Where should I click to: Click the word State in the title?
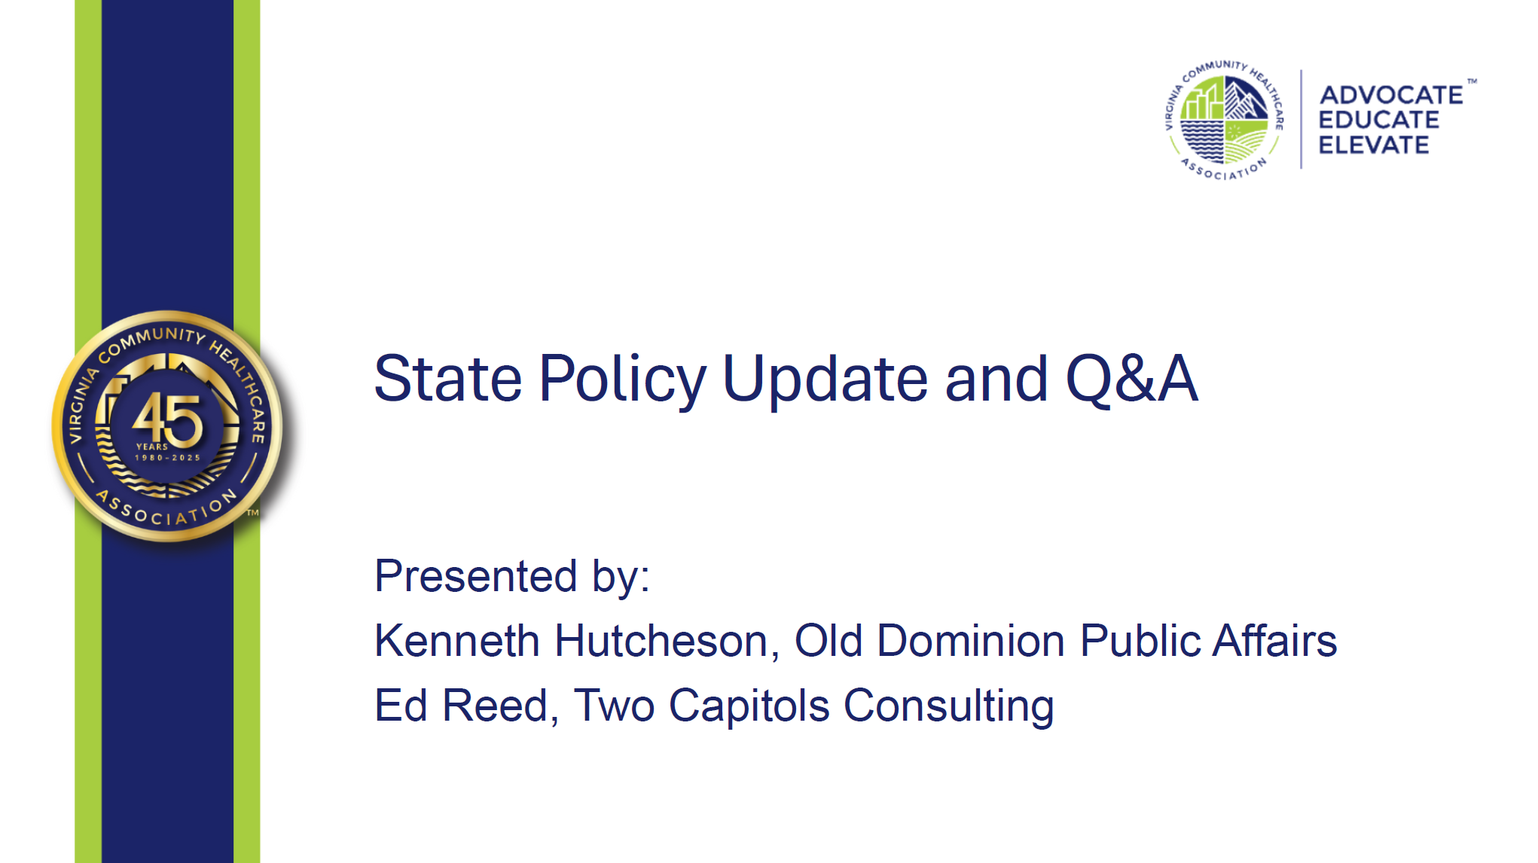tap(448, 378)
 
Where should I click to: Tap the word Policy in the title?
tap(623, 380)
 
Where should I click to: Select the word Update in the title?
tap(826, 380)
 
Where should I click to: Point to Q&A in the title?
tap(1132, 378)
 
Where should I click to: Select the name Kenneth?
tap(457, 641)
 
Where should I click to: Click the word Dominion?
tap(971, 641)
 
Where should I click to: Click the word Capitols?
tap(749, 707)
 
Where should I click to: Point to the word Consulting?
tap(948, 707)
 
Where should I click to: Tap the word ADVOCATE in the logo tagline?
tap(1391, 95)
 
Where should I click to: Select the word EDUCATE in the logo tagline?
tap(1379, 120)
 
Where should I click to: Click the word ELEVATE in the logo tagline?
tap(1374, 145)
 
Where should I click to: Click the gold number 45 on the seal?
tap(167, 419)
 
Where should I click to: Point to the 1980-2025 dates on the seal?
tap(167, 458)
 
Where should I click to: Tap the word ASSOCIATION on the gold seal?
tap(167, 509)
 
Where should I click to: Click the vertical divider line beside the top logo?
tap(1302, 119)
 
